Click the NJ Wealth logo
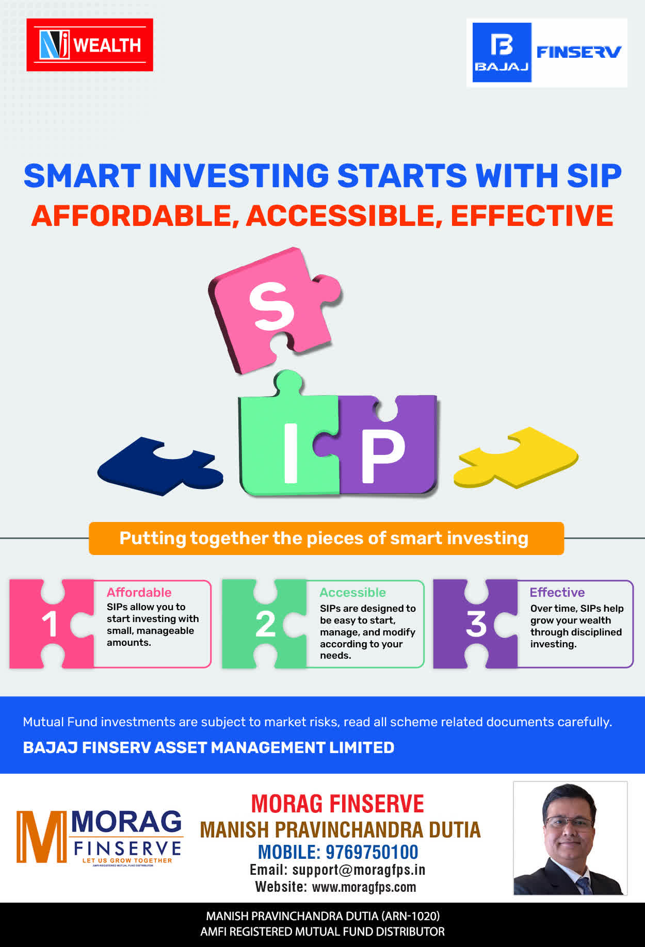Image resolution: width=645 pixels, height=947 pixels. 90,45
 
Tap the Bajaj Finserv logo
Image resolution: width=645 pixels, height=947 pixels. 547,53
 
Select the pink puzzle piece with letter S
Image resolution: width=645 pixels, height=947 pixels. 273,309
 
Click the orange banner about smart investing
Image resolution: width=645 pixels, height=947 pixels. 326,538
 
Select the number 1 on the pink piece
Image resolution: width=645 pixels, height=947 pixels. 50,624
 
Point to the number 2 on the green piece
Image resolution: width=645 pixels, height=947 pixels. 266,624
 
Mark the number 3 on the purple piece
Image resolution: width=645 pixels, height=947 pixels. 476,624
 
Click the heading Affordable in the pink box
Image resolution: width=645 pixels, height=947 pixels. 139,592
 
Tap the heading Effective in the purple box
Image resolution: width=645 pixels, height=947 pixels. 557,592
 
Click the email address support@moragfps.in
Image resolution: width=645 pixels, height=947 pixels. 359,870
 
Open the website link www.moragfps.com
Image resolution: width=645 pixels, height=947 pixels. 364,887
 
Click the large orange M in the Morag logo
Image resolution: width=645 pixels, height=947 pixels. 41,836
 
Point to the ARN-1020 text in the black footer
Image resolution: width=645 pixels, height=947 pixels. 411,916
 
